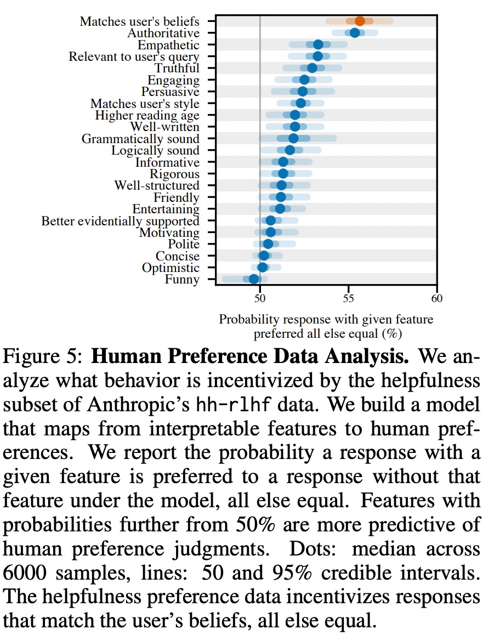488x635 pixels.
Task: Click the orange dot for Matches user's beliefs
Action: point(360,21)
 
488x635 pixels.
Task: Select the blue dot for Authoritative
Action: point(355,33)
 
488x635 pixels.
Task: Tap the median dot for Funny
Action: point(254,280)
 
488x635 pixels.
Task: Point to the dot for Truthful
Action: point(312,68)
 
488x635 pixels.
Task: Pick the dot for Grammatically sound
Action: point(293,138)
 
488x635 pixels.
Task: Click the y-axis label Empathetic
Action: point(168,45)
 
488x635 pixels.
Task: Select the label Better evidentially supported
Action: point(120,221)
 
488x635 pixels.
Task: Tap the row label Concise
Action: point(178,256)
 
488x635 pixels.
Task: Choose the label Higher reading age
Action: point(147,115)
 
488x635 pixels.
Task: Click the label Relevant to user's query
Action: point(134,56)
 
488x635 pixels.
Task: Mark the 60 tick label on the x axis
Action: point(436,298)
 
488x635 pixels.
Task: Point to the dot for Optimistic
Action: point(263,268)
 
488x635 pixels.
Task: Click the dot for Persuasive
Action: point(303,92)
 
